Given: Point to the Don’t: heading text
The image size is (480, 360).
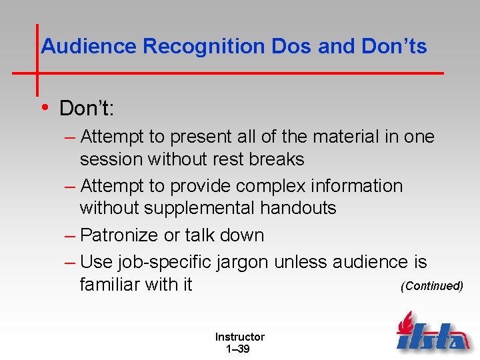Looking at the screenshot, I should click(87, 107).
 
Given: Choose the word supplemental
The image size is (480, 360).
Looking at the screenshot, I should click(191, 209).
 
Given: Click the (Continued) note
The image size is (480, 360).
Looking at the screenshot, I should click(431, 286).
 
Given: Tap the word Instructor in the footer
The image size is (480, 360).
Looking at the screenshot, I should click(239, 337).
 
